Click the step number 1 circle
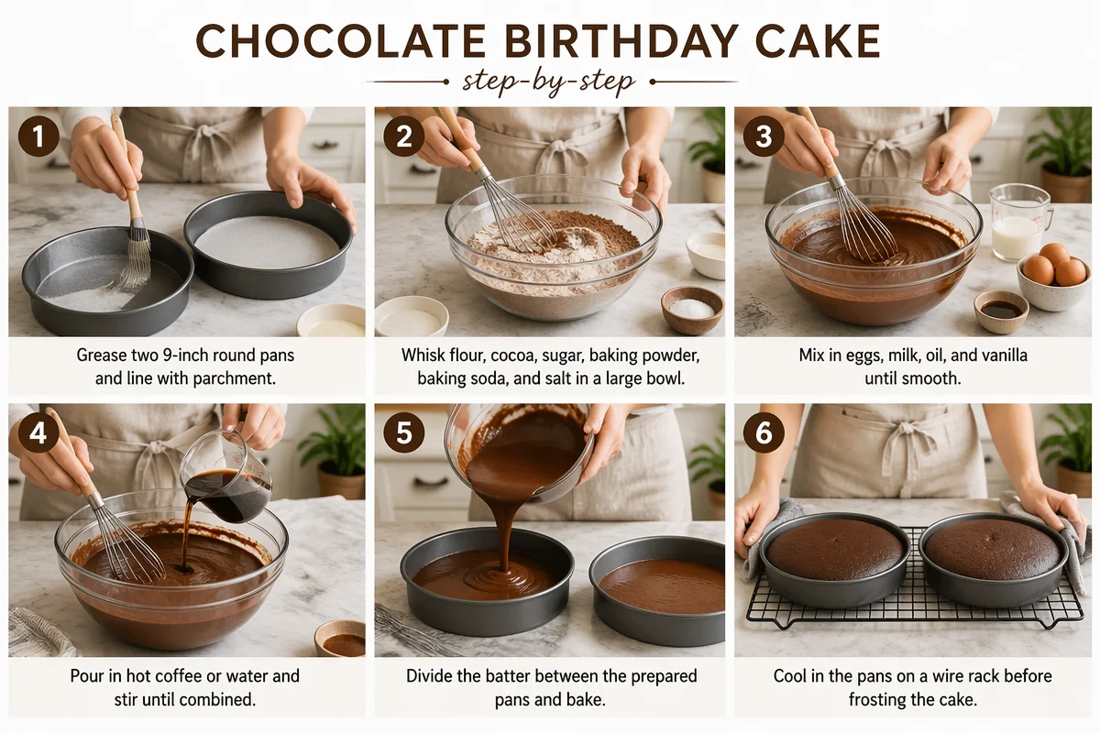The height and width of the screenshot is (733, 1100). [x=38, y=136]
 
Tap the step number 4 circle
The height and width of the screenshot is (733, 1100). [x=38, y=432]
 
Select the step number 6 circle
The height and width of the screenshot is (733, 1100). [x=764, y=432]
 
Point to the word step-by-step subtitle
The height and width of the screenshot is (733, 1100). [x=549, y=82]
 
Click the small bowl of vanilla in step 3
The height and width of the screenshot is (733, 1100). [x=1001, y=311]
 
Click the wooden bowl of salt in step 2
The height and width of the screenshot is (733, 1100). [x=692, y=310]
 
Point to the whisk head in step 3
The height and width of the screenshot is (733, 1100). [x=865, y=226]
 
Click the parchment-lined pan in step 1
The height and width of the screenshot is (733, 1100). [x=268, y=244]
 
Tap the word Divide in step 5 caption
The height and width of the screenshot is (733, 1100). [x=429, y=676]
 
